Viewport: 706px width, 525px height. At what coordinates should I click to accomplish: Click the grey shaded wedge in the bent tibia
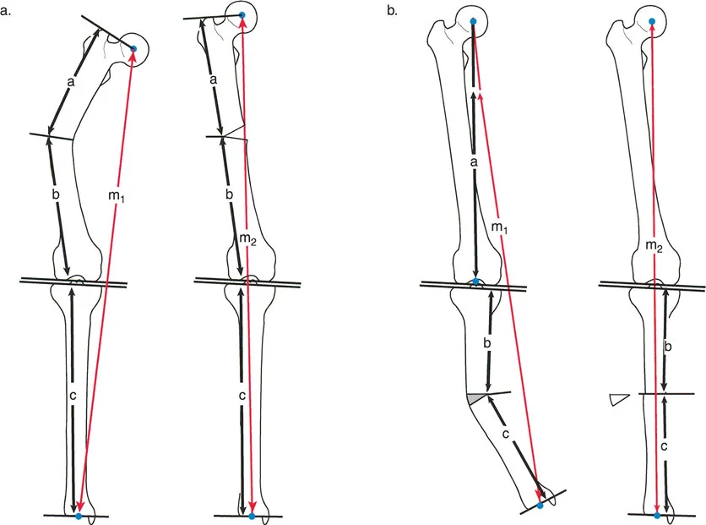[476, 397]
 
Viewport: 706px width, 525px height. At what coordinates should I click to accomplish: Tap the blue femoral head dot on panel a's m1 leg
[133, 49]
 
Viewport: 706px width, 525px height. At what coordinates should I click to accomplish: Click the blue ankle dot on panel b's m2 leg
[656, 514]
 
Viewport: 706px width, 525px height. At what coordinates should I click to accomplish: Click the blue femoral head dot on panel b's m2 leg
[650, 20]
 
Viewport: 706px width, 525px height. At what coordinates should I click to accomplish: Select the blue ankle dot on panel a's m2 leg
[251, 515]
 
